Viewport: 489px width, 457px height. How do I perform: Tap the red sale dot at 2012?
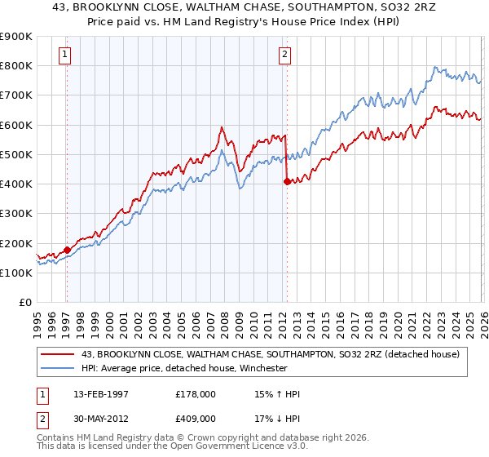pyautogui.click(x=287, y=181)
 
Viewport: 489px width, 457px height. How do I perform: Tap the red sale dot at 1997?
pyautogui.click(x=67, y=250)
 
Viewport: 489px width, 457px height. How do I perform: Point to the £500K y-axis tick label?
pyautogui.click(x=16, y=154)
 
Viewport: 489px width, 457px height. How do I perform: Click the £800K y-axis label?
pyautogui.click(x=16, y=65)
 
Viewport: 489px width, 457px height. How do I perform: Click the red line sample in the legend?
pyautogui.click(x=58, y=353)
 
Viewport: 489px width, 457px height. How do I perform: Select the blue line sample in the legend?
pyautogui.click(x=58, y=367)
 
